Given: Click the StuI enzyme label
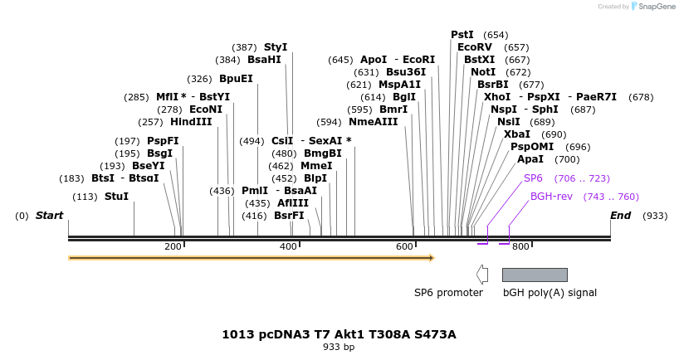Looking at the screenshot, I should click(x=116, y=197).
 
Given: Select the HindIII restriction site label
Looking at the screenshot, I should click(x=191, y=122).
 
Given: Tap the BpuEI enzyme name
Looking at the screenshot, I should click(x=236, y=80).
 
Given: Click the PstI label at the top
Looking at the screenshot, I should click(x=462, y=35).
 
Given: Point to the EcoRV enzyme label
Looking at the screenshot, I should click(x=475, y=47).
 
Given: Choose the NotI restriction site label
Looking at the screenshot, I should click(x=483, y=72).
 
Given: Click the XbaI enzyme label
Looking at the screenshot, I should click(x=517, y=134).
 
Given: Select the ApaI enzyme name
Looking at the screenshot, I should click(x=530, y=159).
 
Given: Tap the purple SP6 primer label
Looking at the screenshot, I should click(x=533, y=178).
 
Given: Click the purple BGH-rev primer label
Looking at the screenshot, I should click(x=552, y=197).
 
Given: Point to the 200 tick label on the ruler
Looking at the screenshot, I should click(x=173, y=247).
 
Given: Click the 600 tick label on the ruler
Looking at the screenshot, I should click(x=404, y=247).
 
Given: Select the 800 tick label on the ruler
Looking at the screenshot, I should click(x=520, y=247).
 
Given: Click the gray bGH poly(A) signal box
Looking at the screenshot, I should click(x=535, y=275).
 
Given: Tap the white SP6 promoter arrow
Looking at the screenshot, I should click(x=482, y=275).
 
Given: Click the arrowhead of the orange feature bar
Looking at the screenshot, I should click(x=431, y=258).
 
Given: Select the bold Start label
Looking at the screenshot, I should click(x=49, y=216).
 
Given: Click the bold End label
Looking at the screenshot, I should click(x=620, y=216).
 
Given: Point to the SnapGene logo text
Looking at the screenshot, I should click(x=657, y=7).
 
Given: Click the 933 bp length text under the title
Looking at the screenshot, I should click(x=339, y=348).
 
